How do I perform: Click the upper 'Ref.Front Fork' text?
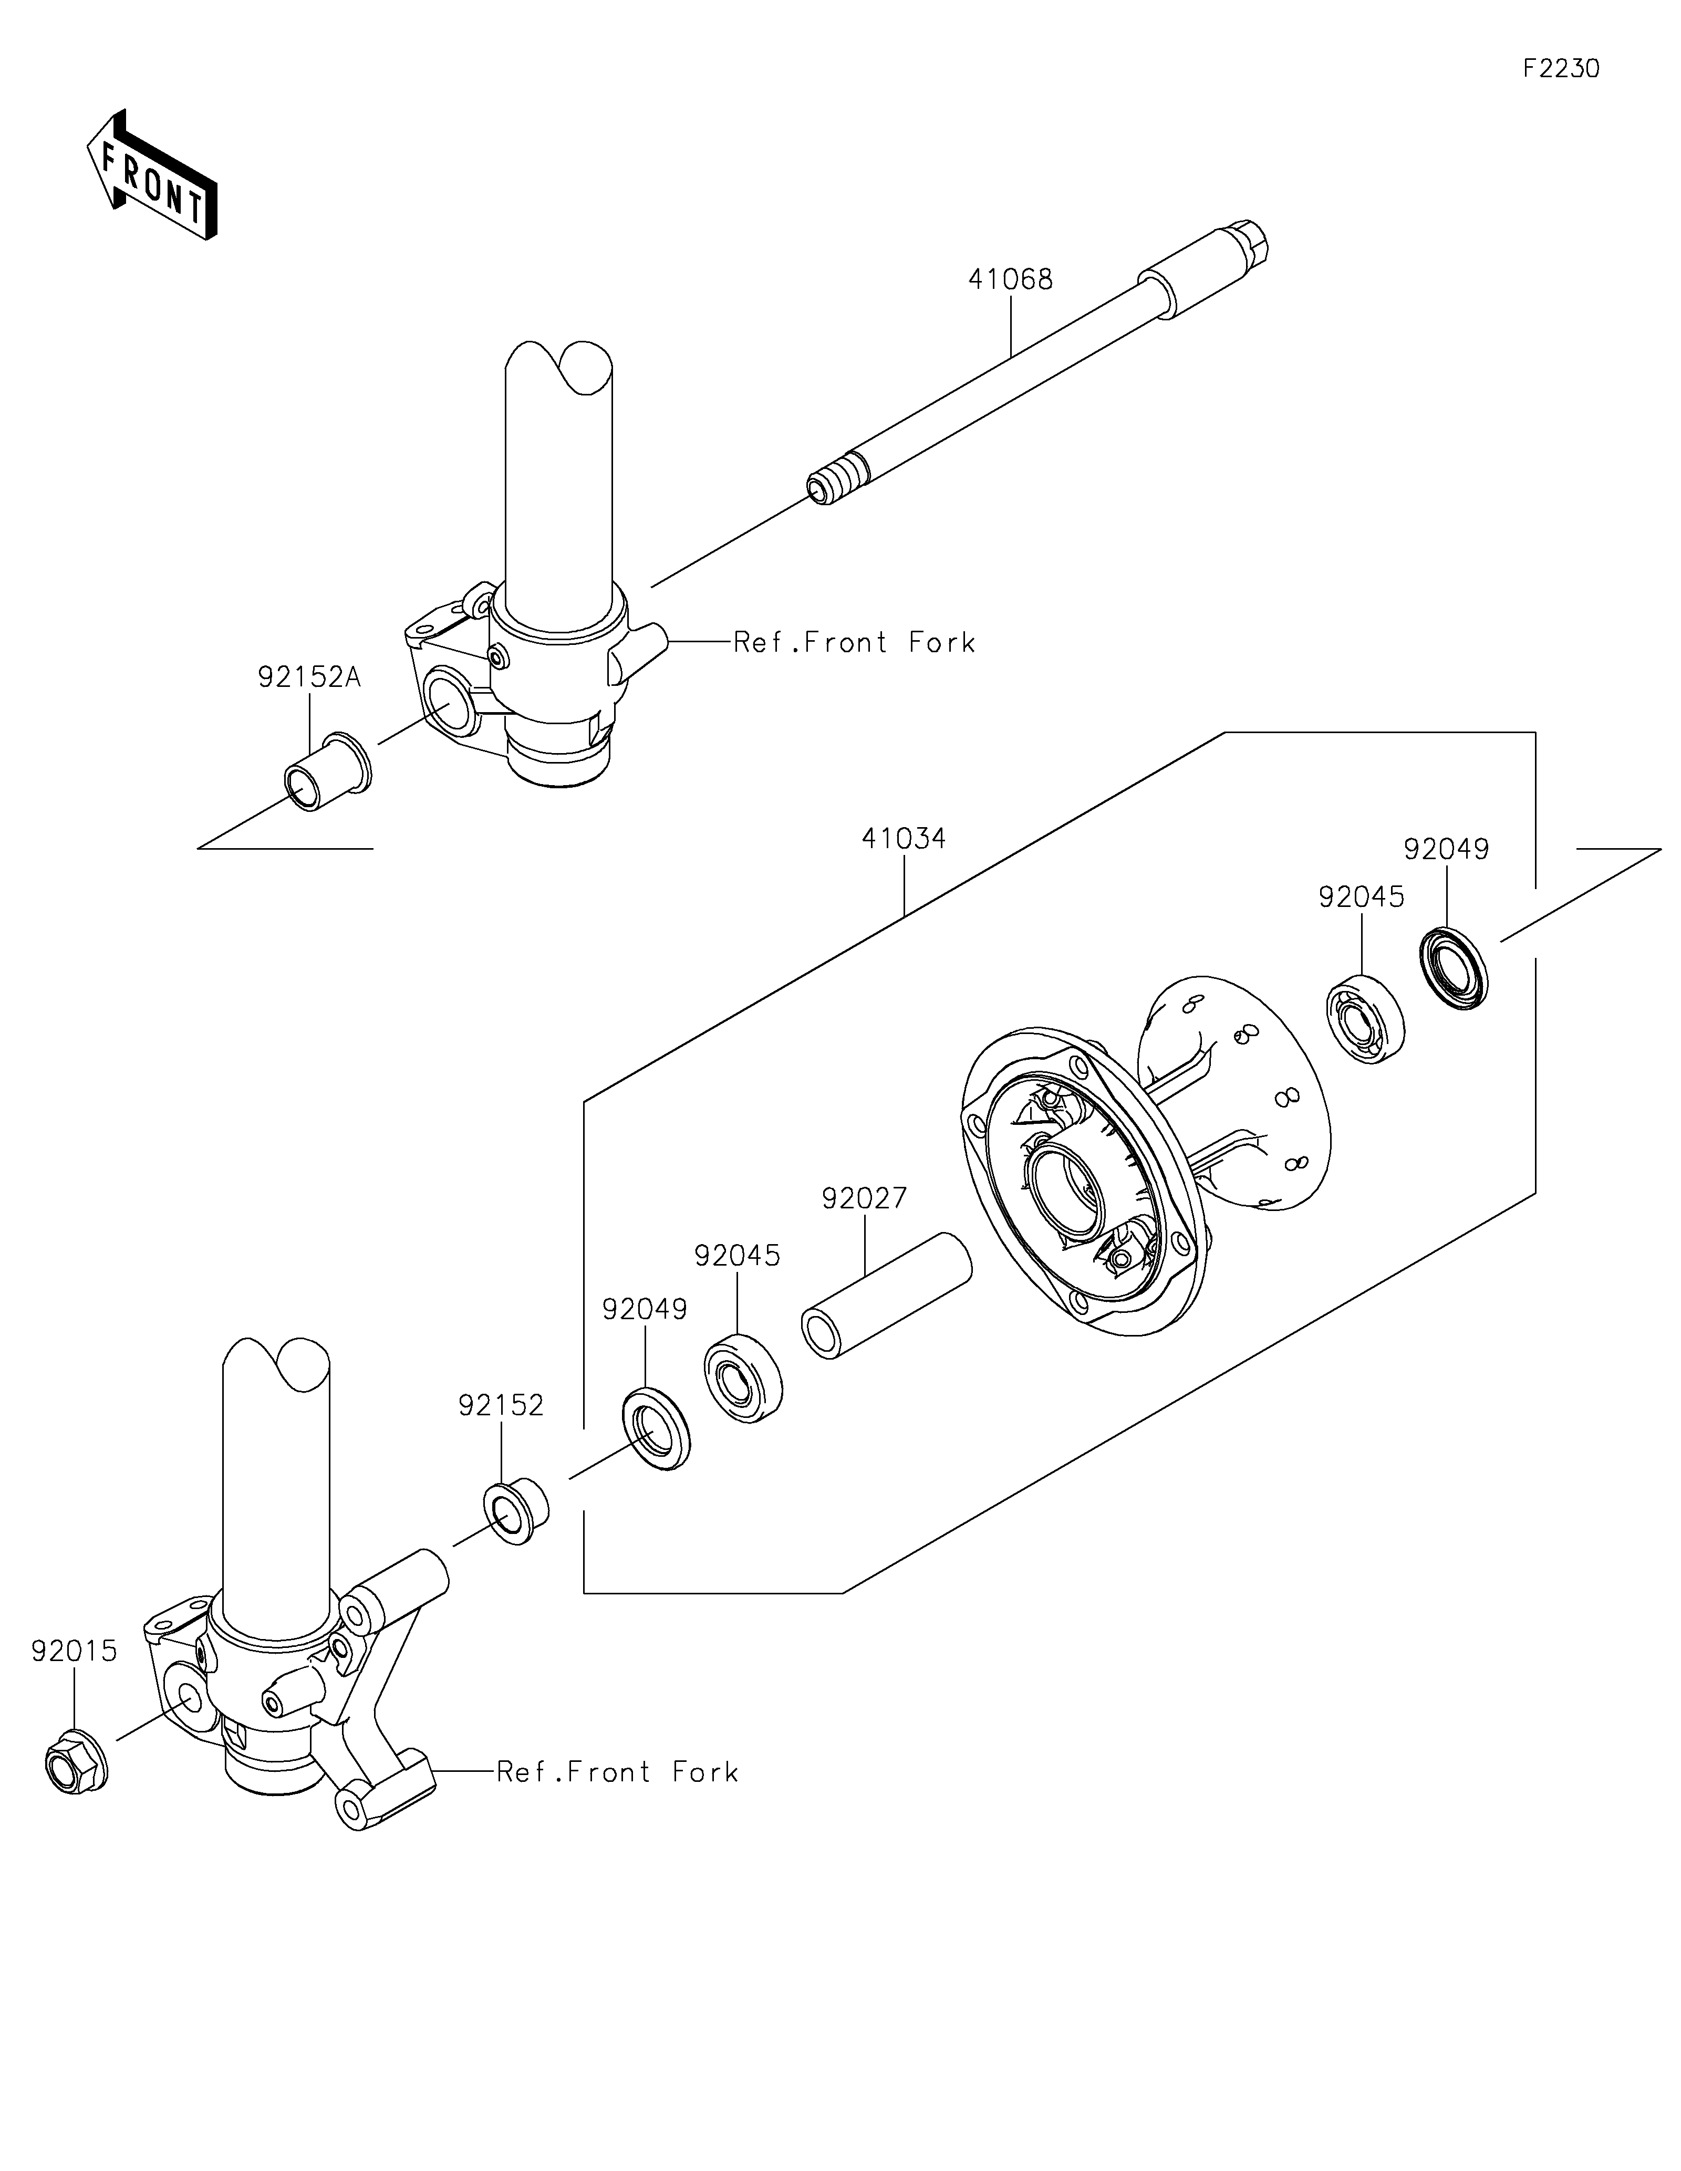(855, 643)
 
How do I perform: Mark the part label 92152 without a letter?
(501, 1405)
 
